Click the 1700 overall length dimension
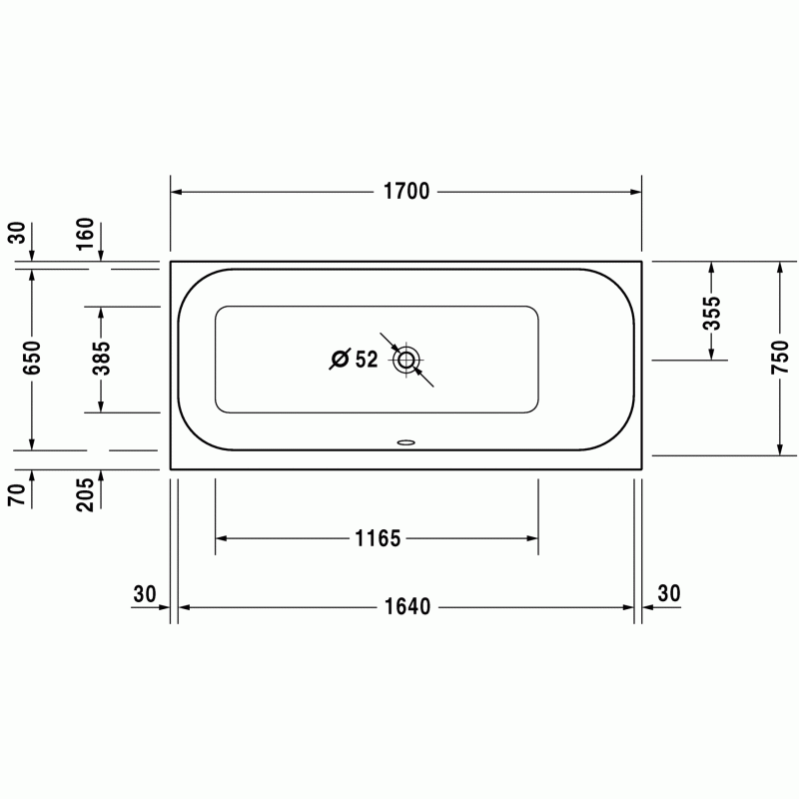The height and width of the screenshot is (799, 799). pos(406,192)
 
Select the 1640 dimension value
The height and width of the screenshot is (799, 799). pos(407,607)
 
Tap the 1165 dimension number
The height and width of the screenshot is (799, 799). pos(378,538)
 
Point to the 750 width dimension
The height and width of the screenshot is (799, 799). pos(780,358)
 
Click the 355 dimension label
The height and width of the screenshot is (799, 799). pos(712,314)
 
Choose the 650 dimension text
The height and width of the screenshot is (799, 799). pos(32,358)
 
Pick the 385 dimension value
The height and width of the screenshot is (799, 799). pos(101,358)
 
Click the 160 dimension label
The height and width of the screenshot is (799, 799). pos(85,234)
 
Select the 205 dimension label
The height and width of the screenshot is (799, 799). pos(85,494)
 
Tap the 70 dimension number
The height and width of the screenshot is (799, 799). pos(16,494)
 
